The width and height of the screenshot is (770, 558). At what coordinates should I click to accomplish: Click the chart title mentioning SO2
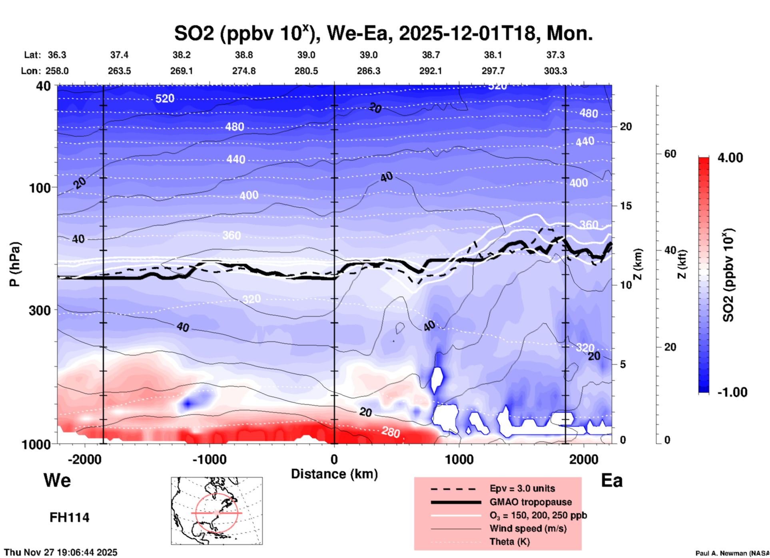(383, 34)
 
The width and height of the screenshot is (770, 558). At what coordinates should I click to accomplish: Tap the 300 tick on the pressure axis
(40, 310)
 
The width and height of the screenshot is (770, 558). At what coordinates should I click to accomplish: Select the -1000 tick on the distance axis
(209, 459)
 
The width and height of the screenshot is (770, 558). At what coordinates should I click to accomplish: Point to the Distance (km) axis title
(334, 474)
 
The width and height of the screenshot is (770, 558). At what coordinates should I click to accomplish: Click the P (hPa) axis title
(14, 264)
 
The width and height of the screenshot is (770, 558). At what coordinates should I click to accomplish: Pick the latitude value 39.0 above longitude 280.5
(306, 55)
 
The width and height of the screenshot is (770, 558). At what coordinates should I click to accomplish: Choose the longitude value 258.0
(57, 71)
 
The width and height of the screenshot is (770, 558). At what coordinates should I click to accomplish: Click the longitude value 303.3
(555, 71)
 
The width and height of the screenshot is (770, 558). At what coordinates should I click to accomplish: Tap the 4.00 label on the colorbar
(730, 158)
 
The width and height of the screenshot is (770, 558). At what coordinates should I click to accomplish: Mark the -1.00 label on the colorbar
(732, 392)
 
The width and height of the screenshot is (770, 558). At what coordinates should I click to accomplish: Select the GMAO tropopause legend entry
(530, 502)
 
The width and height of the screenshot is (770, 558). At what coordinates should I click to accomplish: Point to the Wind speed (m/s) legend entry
(528, 528)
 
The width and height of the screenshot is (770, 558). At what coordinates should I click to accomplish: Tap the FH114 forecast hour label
(70, 518)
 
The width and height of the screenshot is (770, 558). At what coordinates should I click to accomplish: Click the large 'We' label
(57, 480)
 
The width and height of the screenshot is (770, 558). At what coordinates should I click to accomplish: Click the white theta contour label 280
(391, 432)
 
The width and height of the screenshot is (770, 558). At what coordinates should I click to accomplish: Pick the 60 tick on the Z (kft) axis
(670, 154)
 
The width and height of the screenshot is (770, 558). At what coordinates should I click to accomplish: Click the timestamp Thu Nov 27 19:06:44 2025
(61, 552)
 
